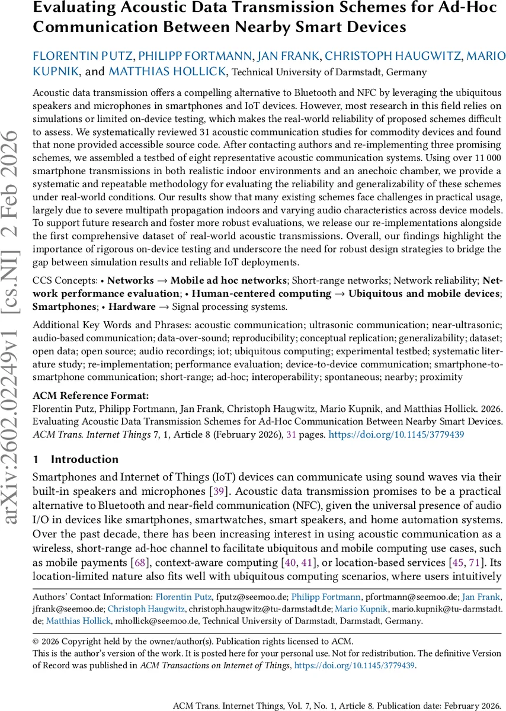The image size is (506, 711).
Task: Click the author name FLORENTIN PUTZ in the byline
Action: tap(83, 57)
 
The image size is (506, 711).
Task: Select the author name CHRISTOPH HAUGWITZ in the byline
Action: tap(393, 57)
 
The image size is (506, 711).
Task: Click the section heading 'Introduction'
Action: tap(85, 459)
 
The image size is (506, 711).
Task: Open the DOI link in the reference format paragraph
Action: tap(396, 434)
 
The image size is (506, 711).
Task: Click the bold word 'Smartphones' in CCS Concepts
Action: tap(63, 307)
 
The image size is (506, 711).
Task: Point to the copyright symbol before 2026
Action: tap(36, 642)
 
